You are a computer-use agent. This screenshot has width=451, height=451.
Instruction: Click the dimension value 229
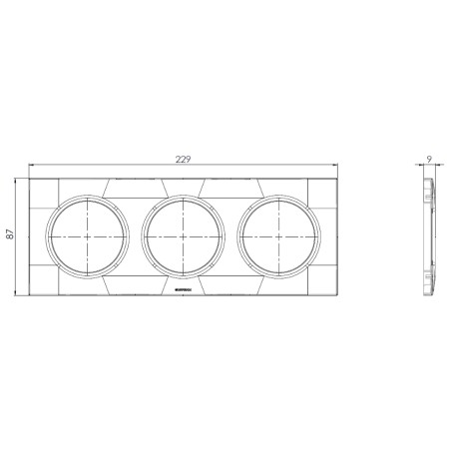point(184,158)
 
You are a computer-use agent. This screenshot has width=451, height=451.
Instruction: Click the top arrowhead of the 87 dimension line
point(17,181)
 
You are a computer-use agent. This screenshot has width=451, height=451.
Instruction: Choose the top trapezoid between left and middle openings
point(136,187)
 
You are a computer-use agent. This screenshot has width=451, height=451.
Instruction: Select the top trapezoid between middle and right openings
point(231,187)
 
